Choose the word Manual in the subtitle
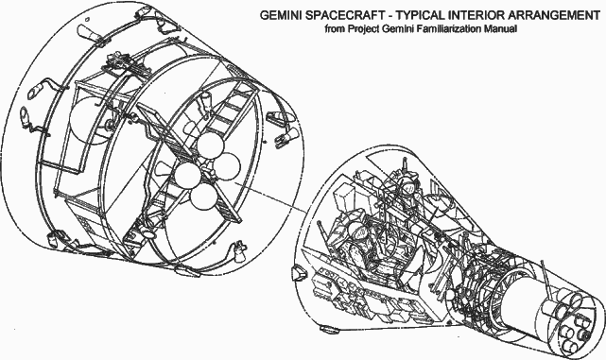pos(501,29)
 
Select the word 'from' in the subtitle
pos(335,29)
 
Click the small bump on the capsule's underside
pos(328,329)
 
